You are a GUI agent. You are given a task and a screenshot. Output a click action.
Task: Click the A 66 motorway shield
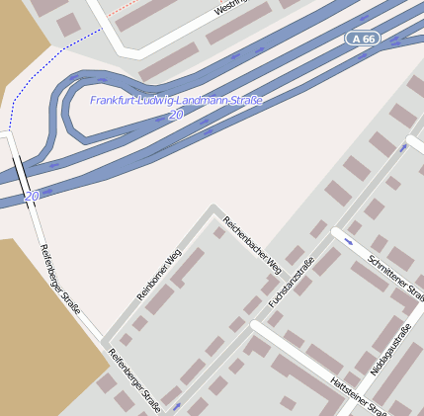click(361, 38)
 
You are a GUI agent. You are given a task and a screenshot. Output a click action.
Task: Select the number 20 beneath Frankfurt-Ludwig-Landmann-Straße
click(176, 116)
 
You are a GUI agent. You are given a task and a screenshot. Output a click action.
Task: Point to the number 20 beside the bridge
click(32, 197)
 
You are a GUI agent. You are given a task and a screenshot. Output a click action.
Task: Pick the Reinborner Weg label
click(159, 272)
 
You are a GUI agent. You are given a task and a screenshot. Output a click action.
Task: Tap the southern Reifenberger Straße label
click(134, 379)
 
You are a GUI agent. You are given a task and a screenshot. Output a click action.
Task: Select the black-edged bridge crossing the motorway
click(20, 172)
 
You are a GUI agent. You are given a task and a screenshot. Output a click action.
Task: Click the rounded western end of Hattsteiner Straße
click(256, 325)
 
